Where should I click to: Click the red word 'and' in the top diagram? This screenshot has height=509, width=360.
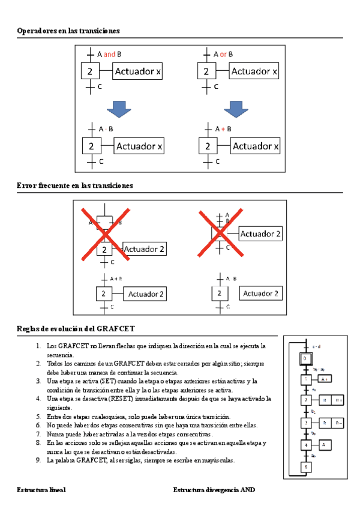point(109,54)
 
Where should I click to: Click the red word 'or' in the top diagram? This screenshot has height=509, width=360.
point(223,54)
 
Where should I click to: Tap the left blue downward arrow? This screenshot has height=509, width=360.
point(118,109)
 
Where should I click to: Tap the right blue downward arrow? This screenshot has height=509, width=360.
point(236,109)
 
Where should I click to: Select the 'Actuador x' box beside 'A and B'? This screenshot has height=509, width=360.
point(137,72)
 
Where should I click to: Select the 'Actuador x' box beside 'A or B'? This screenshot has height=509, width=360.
point(255,72)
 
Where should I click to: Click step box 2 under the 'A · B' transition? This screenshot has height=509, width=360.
point(91,146)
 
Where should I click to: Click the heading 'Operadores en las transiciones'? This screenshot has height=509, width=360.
point(68,31)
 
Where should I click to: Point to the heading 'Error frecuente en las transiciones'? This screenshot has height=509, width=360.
point(75,186)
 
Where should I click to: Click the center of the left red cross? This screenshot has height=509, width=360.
point(106,233)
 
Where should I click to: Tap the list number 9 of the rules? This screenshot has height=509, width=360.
point(37,460)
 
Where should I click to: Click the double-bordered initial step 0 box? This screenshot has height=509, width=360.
point(305,358)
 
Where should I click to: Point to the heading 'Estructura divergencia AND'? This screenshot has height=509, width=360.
point(214,490)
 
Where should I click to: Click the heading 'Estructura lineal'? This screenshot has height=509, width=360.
point(41,490)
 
